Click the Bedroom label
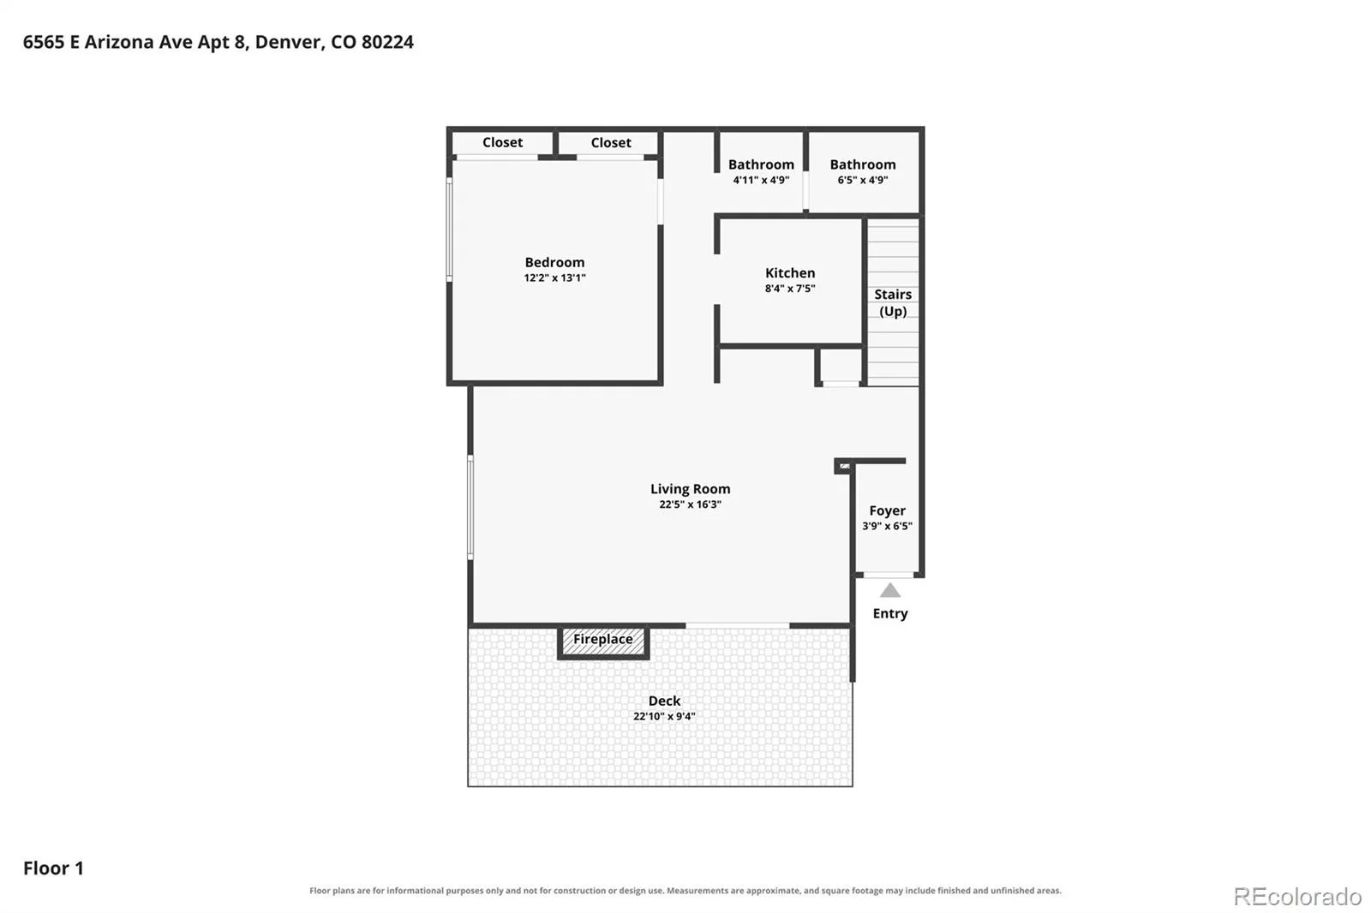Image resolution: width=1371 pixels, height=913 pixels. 554,263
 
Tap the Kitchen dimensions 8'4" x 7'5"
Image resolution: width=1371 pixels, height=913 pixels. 789,289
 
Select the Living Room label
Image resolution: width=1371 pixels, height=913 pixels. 690,489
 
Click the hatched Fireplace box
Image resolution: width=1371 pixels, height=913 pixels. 603,641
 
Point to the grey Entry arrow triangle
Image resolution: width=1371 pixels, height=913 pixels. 890,590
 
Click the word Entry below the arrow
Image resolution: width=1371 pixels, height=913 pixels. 890,614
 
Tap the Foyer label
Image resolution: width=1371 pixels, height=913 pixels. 887,510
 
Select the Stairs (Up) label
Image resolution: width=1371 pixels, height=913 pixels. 893,303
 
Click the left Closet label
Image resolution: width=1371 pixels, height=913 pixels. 502,142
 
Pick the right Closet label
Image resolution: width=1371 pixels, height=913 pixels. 611,142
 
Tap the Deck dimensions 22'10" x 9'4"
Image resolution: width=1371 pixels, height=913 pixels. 664,716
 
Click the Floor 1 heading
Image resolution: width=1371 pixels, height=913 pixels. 53,868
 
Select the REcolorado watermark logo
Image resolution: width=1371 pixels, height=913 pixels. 1297,897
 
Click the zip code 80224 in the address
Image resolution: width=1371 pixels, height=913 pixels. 387,42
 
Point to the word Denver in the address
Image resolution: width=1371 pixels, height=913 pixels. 289,42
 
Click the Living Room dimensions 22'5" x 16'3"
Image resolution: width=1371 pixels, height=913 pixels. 690,504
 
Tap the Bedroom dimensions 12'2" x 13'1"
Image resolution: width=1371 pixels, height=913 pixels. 554,277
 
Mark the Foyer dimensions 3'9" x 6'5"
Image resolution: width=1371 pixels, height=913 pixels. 887,526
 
